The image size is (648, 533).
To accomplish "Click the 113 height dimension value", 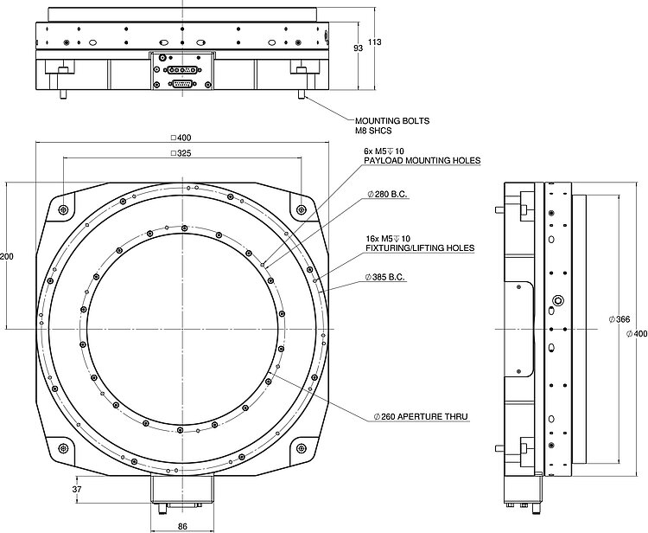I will click(374, 42).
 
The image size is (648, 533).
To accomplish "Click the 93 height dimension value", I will click(358, 49).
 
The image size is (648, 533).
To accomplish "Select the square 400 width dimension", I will click(181, 137).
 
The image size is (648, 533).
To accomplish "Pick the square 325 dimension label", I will click(181, 153).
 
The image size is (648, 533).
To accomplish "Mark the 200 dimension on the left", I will click(8, 257).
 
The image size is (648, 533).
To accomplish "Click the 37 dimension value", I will click(77, 490).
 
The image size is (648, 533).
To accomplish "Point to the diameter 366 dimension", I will click(619, 319).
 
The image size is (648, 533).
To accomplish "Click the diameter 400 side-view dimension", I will click(637, 333).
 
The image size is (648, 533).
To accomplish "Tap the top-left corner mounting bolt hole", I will click(64, 210).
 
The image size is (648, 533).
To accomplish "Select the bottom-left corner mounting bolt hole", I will click(64, 447).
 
